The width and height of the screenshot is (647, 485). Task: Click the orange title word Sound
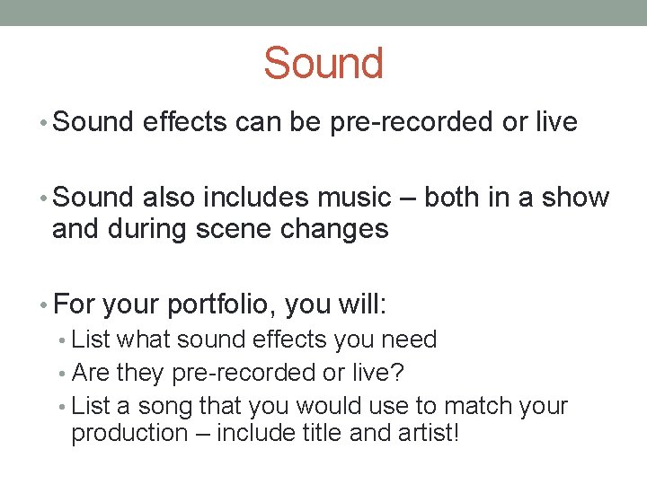pos(323,64)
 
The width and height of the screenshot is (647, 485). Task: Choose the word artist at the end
pos(426,433)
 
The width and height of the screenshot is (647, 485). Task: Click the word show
pos(575,198)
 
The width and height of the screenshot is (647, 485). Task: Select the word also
pos(169,198)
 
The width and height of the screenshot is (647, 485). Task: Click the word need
pos(410,339)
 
